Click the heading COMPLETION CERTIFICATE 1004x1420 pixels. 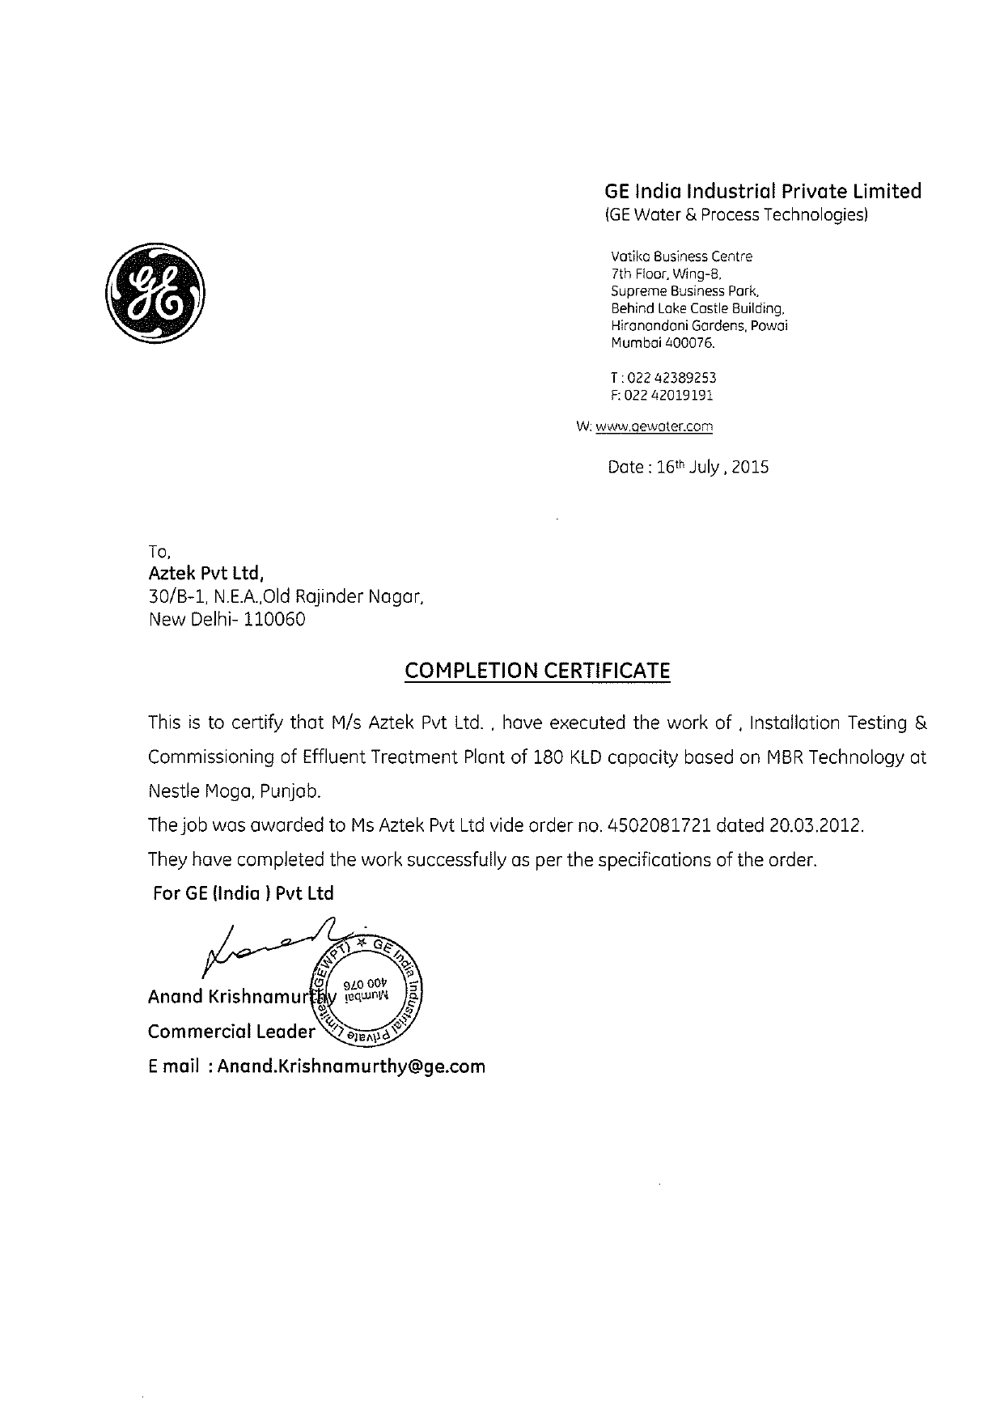coord(537,671)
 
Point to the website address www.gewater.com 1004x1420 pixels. coord(654,426)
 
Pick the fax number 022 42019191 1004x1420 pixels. coord(671,396)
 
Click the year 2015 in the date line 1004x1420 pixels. coord(750,468)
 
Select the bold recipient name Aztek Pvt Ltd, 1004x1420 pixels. coord(206,574)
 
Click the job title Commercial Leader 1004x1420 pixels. coord(231,1032)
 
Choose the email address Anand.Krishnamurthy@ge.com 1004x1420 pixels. coord(351,1066)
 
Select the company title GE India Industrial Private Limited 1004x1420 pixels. coord(763,191)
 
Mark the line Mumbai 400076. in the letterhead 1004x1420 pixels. coord(663,343)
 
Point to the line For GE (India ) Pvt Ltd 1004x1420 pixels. coord(244,893)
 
